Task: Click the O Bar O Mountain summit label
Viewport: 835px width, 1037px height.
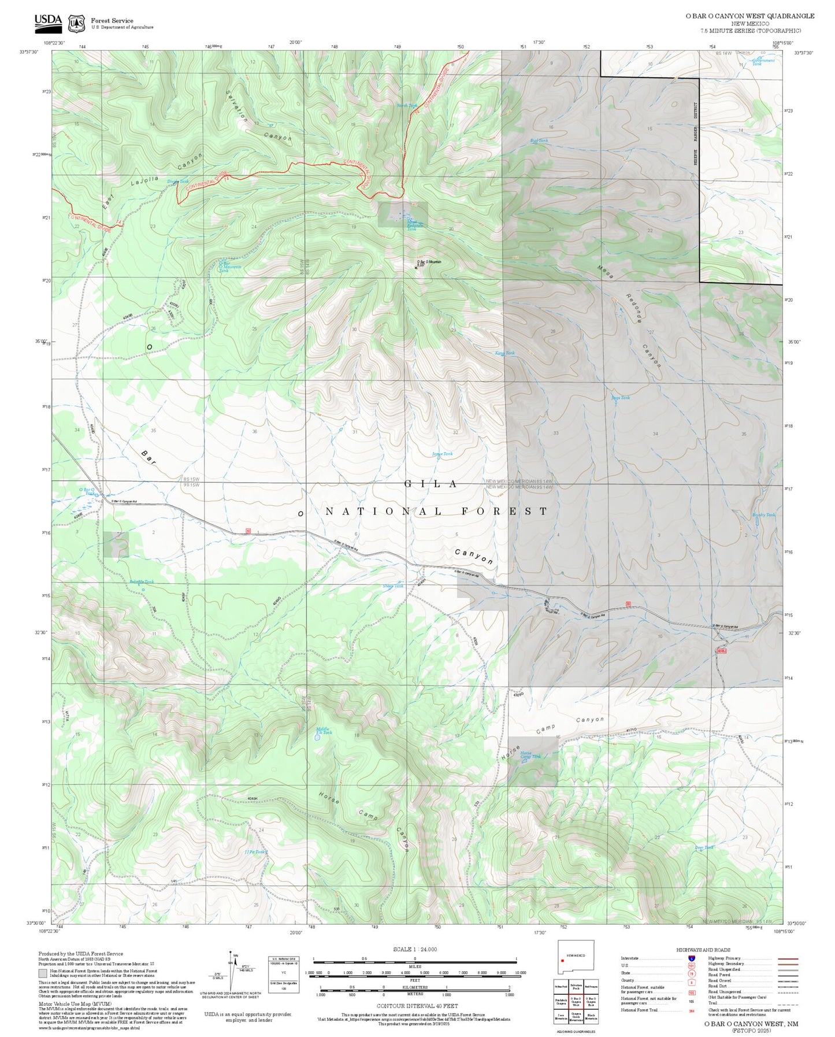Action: (428, 262)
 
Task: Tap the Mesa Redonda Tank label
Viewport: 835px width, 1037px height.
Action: (414, 225)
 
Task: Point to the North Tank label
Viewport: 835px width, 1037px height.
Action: (406, 106)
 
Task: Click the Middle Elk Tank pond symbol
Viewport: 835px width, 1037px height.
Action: (317, 738)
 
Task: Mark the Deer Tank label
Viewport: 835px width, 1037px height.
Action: (704, 848)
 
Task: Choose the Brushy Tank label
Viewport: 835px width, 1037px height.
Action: (763, 514)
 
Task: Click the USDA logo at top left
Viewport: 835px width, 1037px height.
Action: (48, 22)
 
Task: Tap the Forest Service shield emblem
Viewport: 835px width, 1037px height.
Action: (76, 24)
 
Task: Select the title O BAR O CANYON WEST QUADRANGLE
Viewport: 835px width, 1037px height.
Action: (749, 16)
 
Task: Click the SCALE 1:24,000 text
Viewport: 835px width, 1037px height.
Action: (414, 949)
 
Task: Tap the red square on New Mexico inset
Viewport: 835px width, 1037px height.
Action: (562, 961)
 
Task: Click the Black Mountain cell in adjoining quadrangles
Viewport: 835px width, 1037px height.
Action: (591, 1017)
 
